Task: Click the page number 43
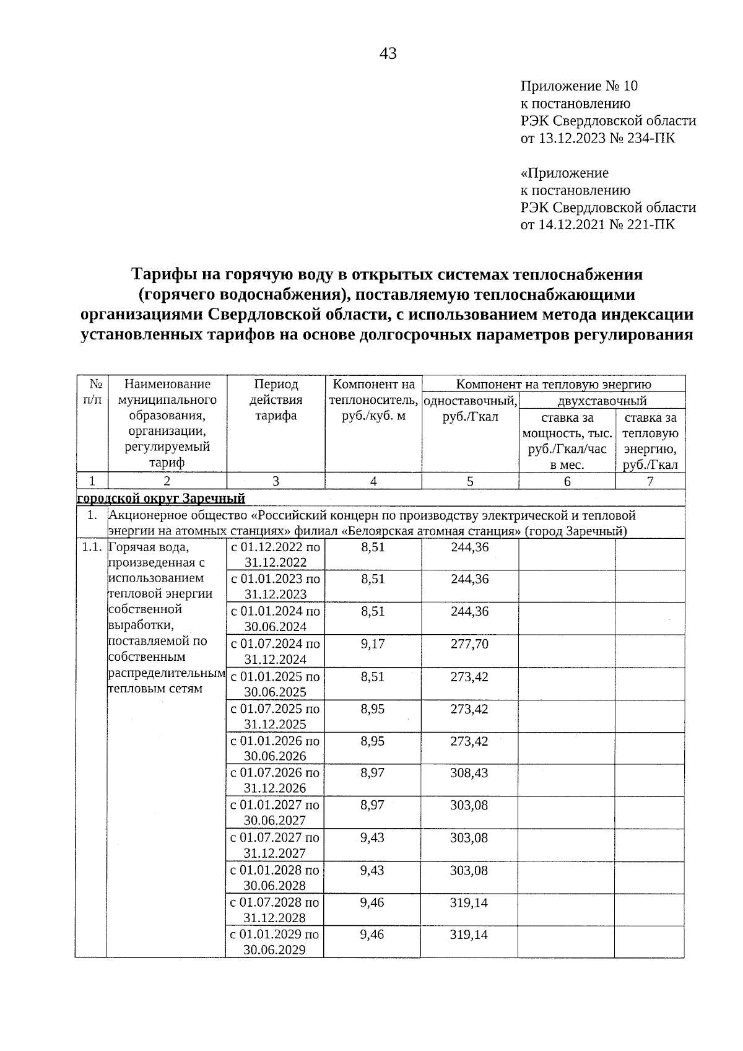point(388,54)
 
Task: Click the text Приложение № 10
point(579,86)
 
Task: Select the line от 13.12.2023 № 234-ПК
point(597,138)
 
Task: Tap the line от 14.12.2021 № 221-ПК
point(597,224)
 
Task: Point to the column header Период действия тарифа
point(276,400)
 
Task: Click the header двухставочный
point(602,401)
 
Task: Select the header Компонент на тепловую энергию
point(554,384)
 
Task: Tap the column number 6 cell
point(567,481)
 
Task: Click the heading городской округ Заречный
point(161,499)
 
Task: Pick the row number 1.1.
point(91,547)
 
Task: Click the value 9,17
point(373,644)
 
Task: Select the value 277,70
point(469,644)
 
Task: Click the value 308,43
point(469,773)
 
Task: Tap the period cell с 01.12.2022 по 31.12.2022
point(276,554)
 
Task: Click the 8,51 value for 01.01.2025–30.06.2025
point(373,676)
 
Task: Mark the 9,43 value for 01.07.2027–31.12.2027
point(372,838)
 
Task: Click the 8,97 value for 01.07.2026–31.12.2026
point(372,773)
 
